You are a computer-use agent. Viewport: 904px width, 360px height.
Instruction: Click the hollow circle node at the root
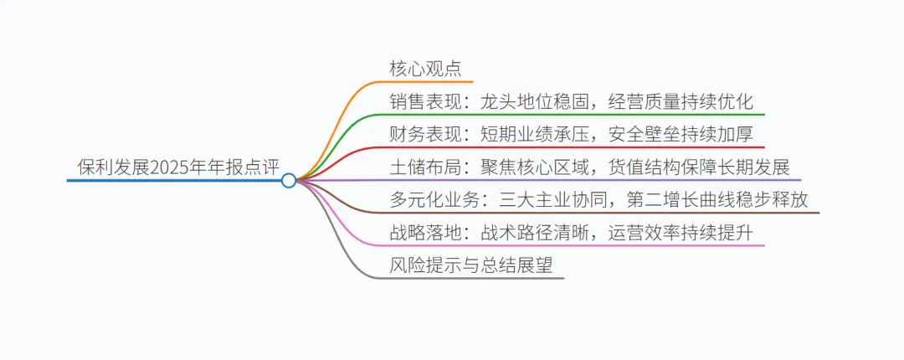[289, 180]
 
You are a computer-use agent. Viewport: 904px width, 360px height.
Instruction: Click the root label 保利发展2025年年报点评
[177, 167]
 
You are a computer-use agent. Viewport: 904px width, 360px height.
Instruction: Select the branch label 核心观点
[425, 69]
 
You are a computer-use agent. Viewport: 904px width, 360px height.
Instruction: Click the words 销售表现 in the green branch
[422, 102]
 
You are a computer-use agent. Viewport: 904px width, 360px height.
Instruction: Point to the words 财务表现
[422, 134]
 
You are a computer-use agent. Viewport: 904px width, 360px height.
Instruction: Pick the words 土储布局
[422, 167]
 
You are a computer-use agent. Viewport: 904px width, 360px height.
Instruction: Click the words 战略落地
[422, 232]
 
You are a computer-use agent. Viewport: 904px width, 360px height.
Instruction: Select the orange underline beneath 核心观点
[435, 82]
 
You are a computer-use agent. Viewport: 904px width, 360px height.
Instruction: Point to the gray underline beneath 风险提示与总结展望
[485, 278]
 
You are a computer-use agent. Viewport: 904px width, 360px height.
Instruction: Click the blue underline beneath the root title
[167, 180]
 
